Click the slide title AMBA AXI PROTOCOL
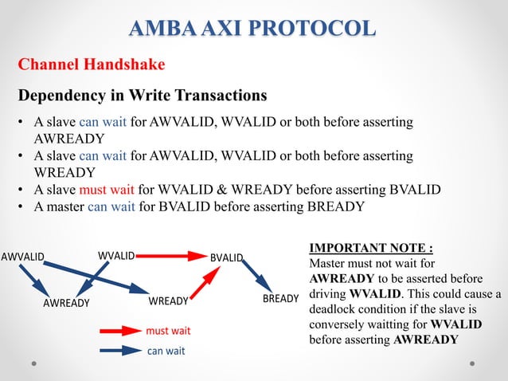click(253, 29)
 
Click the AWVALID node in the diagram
click(22, 257)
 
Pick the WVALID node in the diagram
click(116, 256)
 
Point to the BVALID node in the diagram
click(226, 257)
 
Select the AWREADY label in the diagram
click(66, 303)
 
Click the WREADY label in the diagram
click(168, 301)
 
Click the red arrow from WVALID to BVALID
click(172, 256)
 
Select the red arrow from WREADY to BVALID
click(205, 283)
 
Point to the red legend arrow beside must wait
click(119, 330)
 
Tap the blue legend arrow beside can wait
click(119, 349)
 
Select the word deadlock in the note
click(336, 309)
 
